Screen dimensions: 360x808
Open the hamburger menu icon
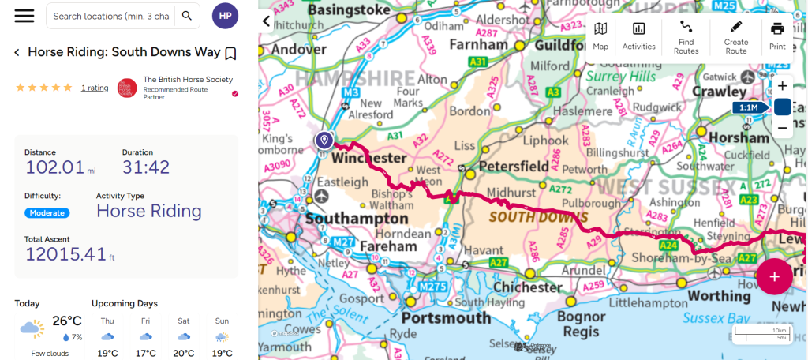pyautogui.click(x=24, y=16)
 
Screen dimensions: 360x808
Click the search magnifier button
pyautogui.click(x=186, y=16)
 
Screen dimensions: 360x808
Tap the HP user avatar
pyautogui.click(x=225, y=16)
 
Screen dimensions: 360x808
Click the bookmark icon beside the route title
pyautogui.click(x=230, y=53)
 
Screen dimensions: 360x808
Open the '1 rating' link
pyautogui.click(x=95, y=88)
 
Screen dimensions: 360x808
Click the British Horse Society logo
pyautogui.click(x=127, y=88)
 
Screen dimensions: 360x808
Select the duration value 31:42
pyautogui.click(x=146, y=167)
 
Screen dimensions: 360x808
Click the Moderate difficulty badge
pyautogui.click(x=47, y=212)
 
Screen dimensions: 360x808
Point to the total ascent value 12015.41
pyautogui.click(x=65, y=253)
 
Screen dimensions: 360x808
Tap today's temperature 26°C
pyautogui.click(x=67, y=321)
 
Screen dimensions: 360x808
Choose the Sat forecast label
pyautogui.click(x=184, y=321)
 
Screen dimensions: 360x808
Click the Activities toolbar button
pyautogui.click(x=638, y=36)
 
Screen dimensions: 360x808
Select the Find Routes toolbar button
pyautogui.click(x=686, y=36)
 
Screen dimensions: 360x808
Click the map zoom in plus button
pyautogui.click(x=782, y=86)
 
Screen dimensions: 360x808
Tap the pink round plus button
pyautogui.click(x=775, y=276)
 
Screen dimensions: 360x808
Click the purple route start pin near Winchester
pyautogui.click(x=324, y=140)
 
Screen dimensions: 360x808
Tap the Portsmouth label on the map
pyautogui.click(x=446, y=317)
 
